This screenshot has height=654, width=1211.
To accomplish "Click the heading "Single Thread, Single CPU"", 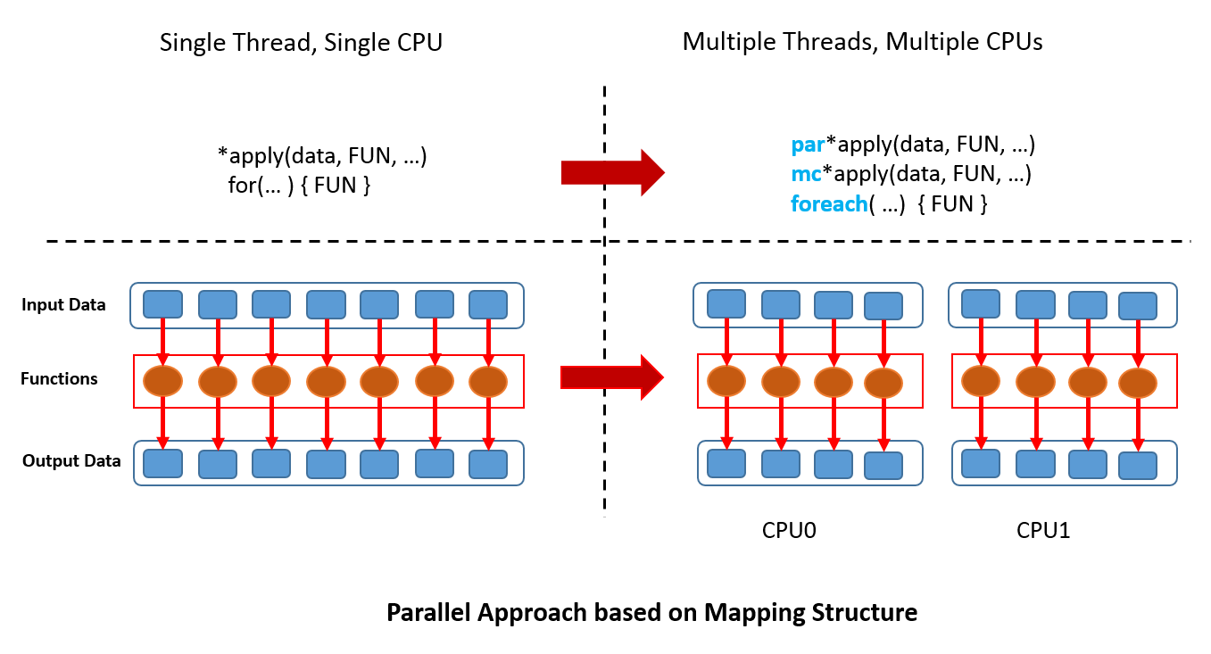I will click(301, 43).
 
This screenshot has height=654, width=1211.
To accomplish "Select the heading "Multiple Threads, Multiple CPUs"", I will click(862, 42).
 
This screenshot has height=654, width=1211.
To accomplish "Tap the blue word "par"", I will click(807, 145).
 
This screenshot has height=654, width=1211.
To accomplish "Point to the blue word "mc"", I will click(806, 174).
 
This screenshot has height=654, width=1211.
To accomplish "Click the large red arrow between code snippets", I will click(612, 171).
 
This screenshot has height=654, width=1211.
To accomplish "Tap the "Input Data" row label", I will click(63, 305).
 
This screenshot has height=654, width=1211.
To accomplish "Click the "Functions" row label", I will click(59, 379).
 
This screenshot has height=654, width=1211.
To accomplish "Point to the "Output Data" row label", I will click(71, 461).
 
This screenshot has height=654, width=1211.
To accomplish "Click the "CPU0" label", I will click(789, 531).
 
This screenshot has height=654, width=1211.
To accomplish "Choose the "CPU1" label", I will click(1043, 531).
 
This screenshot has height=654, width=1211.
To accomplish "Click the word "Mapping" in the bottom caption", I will click(748, 614).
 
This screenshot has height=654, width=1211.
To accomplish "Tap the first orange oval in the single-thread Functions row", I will click(163, 382).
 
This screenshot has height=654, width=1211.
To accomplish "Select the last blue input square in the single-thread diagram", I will click(488, 304).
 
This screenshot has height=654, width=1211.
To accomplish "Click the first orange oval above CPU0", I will click(726, 381).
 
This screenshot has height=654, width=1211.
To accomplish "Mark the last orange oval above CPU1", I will click(1138, 383).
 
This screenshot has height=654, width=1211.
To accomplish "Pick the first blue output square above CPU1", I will click(981, 463).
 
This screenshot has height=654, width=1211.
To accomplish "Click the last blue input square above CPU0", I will click(883, 305).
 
